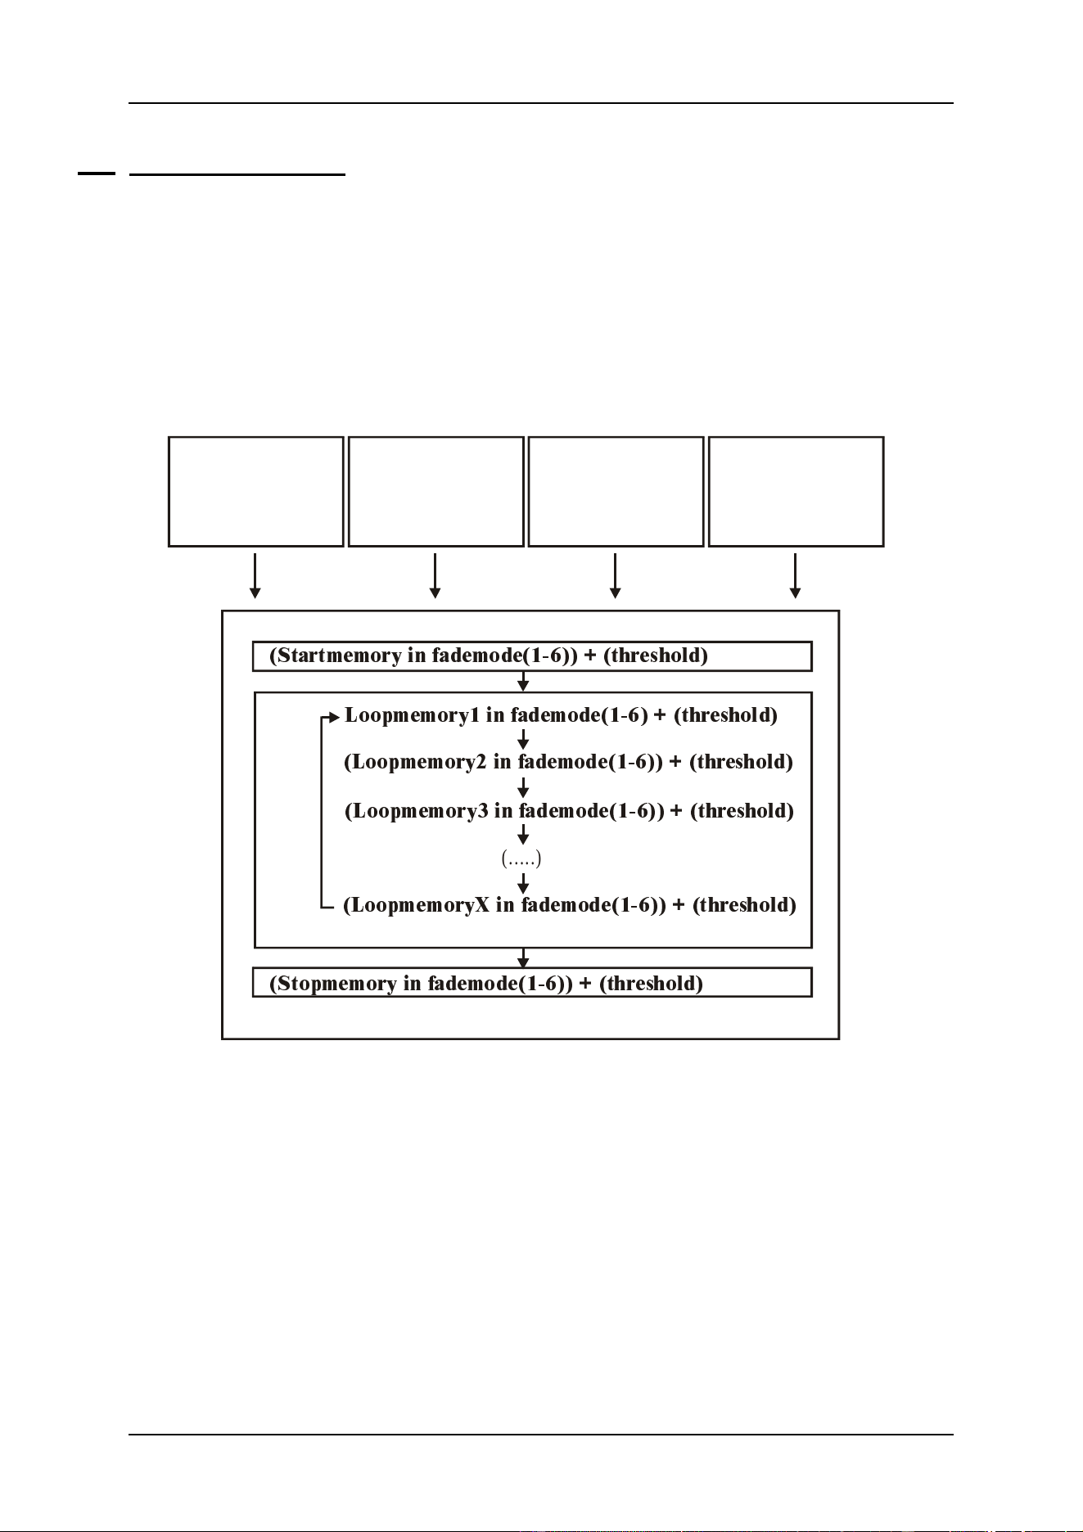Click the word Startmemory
(339, 656)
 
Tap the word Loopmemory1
(413, 715)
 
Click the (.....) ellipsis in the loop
(521, 858)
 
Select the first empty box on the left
(256, 491)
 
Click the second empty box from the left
(436, 491)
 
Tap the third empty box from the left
(616, 491)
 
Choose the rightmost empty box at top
(796, 491)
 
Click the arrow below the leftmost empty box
(255, 576)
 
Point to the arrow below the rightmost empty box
(795, 576)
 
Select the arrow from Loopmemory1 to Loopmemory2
(524, 739)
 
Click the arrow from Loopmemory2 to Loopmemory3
(524, 787)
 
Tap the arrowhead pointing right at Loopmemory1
(334, 718)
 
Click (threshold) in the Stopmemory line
(652, 983)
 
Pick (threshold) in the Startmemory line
(657, 656)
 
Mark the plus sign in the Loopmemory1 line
(660, 715)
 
